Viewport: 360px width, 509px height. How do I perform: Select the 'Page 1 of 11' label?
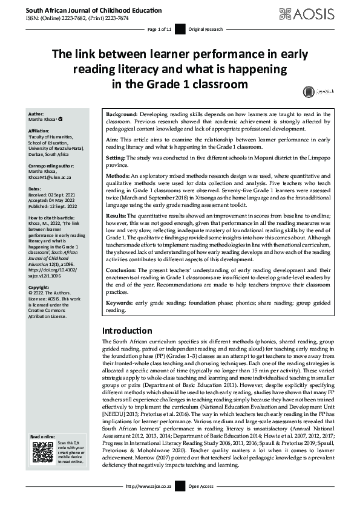coord(160,28)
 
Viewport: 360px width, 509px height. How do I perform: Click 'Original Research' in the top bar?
coord(206,28)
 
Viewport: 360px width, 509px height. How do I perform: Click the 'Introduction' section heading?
coord(127,331)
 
